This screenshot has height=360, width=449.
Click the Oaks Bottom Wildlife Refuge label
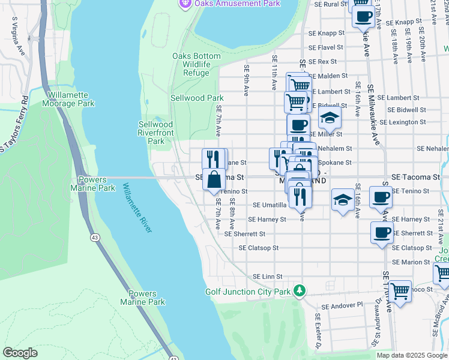point(196,64)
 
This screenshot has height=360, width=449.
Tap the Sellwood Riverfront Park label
point(156,133)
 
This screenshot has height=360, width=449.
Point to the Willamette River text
point(137,208)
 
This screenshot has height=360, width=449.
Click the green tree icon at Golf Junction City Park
point(299,292)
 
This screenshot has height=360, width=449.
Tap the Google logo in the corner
point(20,353)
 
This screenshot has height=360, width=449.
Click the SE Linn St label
point(267,276)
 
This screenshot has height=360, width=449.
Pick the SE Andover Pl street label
point(342,305)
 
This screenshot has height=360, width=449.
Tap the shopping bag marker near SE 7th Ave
point(214,179)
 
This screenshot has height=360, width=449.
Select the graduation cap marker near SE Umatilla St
point(342,200)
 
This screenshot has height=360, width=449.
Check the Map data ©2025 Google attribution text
point(412,355)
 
